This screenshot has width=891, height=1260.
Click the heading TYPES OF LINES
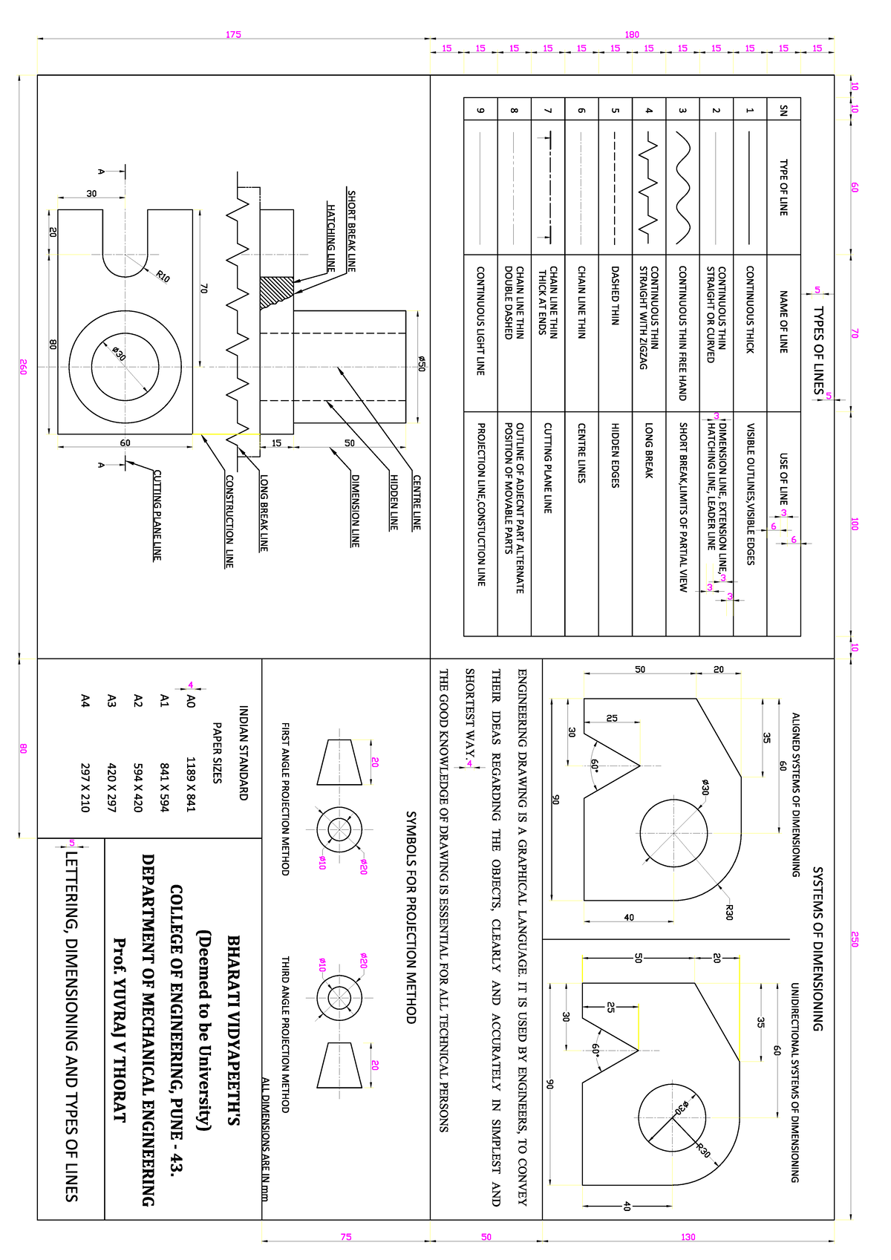tap(818, 350)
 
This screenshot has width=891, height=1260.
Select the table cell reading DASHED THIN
tap(615, 295)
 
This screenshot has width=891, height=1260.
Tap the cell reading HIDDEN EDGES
tap(615, 455)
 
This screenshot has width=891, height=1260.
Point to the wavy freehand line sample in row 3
tap(683, 188)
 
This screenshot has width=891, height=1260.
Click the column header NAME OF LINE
tap(783, 321)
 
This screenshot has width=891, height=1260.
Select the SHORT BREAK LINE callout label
tap(352, 231)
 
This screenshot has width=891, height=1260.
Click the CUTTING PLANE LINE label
tap(157, 515)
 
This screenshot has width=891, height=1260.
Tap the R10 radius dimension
tap(163, 277)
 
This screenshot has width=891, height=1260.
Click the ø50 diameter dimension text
tap(421, 363)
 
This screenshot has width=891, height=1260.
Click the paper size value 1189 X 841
tap(190, 784)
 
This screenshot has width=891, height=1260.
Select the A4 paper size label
tap(85, 700)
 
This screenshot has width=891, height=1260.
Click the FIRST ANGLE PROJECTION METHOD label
tap(285, 798)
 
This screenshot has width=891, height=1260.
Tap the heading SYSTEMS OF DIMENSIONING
tap(817, 948)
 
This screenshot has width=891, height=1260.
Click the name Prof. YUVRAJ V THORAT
tap(119, 1029)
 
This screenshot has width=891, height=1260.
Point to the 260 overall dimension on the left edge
tap(23, 367)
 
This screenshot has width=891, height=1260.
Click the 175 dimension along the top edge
tap(233, 34)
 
